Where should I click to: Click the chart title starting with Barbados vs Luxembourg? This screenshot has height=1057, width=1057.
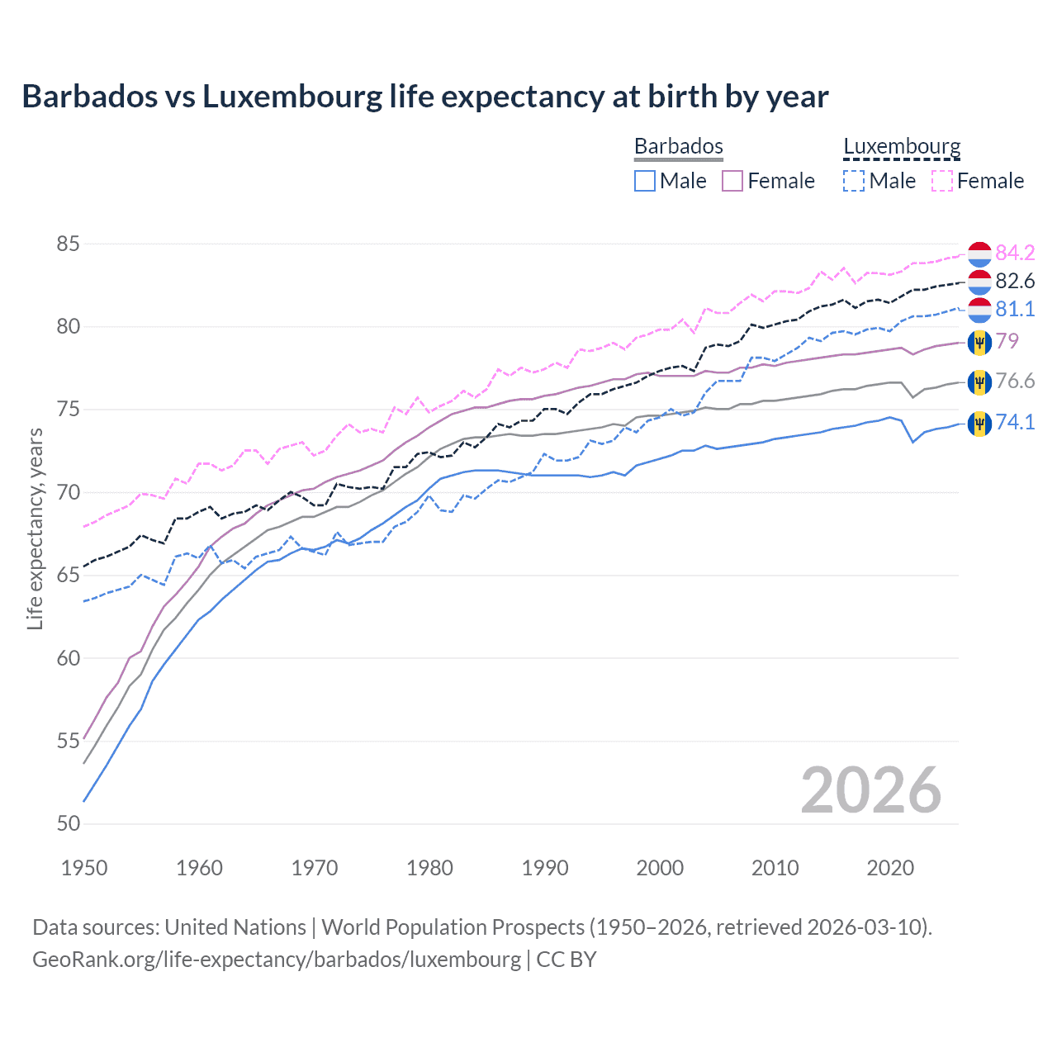click(424, 97)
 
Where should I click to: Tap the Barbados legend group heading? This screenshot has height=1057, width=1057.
click(678, 146)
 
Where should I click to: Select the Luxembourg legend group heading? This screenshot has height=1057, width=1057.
click(902, 146)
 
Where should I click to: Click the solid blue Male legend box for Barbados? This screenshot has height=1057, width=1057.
click(645, 181)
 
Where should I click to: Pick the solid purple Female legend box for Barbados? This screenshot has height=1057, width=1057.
click(733, 181)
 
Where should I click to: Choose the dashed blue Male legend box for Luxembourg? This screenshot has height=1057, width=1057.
click(854, 181)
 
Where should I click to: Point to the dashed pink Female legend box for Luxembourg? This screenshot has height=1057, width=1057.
click(942, 181)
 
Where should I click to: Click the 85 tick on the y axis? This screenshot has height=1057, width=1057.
click(69, 244)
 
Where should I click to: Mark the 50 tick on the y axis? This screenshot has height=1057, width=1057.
click(69, 824)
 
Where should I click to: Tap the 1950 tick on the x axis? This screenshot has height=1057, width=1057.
click(84, 868)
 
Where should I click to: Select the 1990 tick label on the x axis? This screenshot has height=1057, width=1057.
click(545, 868)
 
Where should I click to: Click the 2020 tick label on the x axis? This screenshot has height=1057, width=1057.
click(890, 868)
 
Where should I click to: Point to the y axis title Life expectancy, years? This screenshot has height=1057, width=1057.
click(35, 528)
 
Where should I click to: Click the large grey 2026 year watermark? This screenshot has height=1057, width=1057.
click(870, 790)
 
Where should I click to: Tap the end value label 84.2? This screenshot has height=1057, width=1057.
click(1015, 253)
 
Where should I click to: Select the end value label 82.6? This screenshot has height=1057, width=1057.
click(1015, 281)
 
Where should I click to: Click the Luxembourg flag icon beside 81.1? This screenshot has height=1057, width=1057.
click(979, 310)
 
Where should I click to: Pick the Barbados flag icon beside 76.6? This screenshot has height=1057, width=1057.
click(979, 382)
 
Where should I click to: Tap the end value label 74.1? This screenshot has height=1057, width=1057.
click(1015, 422)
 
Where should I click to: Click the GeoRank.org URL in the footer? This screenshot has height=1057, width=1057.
click(277, 960)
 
